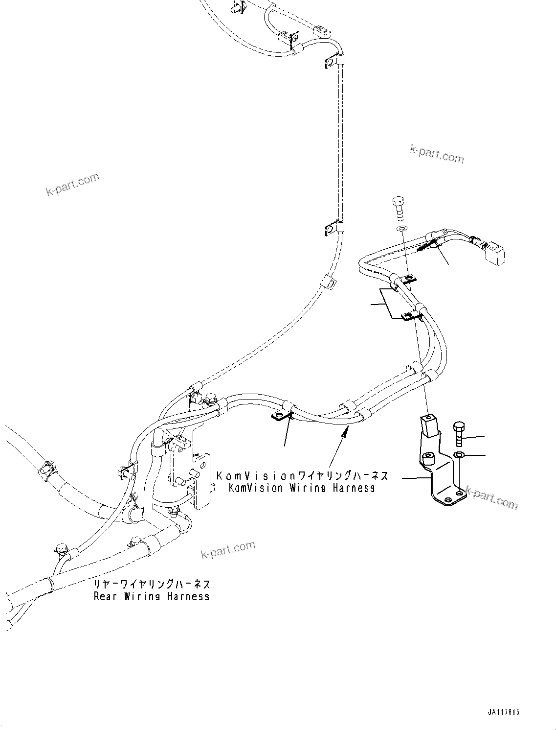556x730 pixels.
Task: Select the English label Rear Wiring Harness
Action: (152, 596)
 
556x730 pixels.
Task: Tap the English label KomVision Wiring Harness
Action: (302, 488)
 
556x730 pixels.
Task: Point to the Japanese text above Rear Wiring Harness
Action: (152, 584)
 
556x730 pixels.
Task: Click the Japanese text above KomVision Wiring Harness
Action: (302, 476)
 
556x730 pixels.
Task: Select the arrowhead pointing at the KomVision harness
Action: (347, 430)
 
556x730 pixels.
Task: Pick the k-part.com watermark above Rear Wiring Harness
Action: (228, 549)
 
